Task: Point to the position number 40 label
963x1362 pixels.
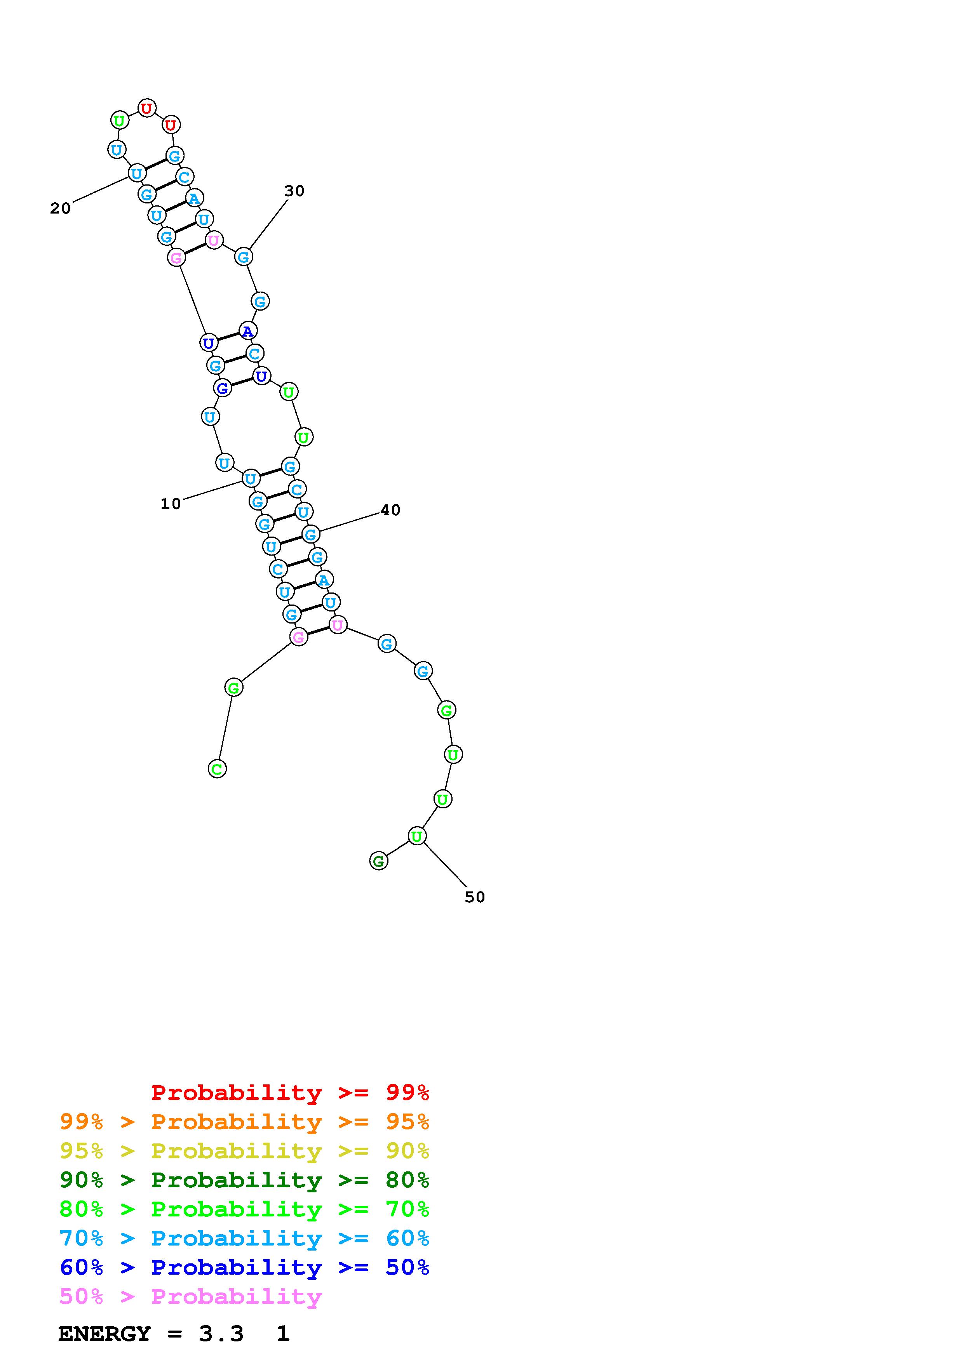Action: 390,510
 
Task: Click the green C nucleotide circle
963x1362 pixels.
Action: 217,770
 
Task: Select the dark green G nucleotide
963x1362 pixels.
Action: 378,861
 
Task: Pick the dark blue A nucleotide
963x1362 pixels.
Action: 247,331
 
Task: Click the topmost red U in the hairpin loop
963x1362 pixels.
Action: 146,108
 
